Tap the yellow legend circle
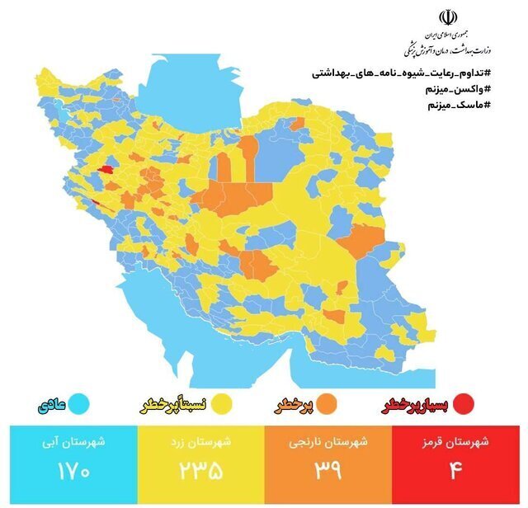(221, 404)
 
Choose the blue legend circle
(79, 404)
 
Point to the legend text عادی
(49, 405)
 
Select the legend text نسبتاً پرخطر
(172, 405)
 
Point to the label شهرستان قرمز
(460, 441)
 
